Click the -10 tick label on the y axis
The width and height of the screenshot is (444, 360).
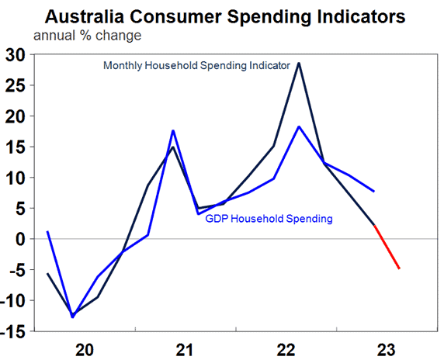(15, 300)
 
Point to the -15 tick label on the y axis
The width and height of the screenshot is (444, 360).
(15, 331)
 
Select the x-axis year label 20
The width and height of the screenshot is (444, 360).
(85, 348)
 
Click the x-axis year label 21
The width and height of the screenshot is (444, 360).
(184, 348)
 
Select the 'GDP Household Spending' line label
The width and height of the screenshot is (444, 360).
(269, 219)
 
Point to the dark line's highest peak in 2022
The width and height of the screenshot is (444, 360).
(299, 63)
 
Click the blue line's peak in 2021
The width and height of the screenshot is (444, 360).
(174, 130)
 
